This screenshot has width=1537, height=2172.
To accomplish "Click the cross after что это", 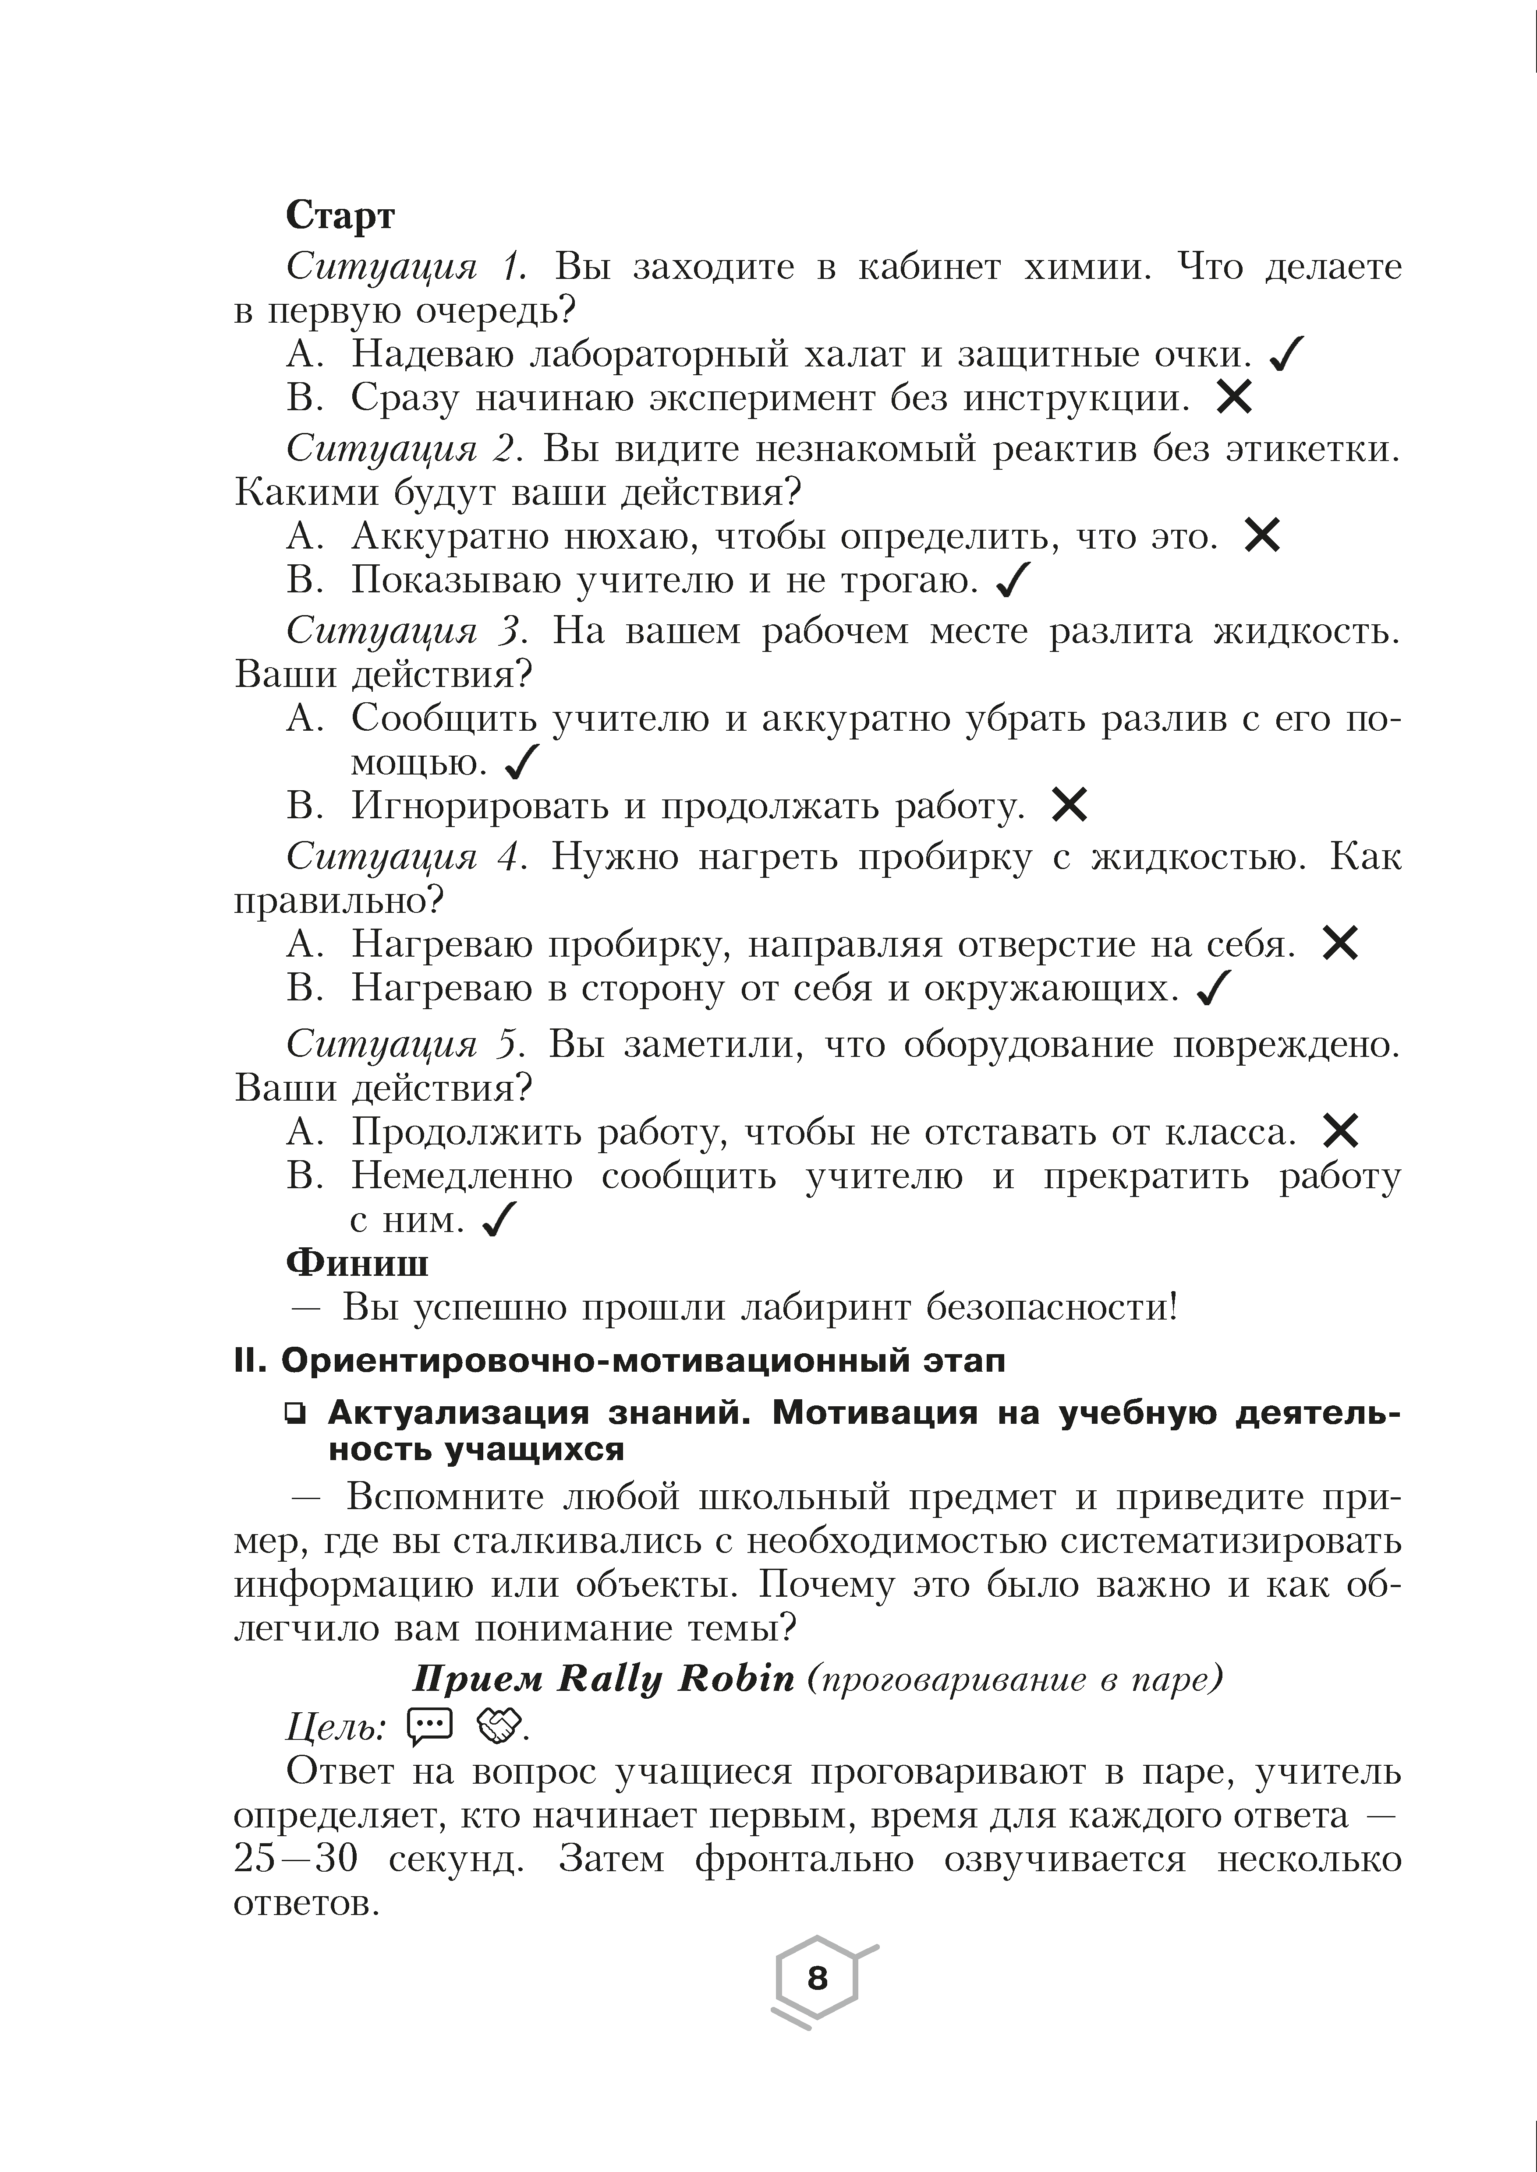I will click(1263, 536).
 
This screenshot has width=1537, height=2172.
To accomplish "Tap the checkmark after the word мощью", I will click(522, 761).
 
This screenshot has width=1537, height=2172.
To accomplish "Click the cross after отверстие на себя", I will click(1340, 943).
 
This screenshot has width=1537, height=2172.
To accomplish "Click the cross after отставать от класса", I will click(1340, 1130).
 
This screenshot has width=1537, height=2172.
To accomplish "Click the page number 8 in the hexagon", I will click(817, 1978).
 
